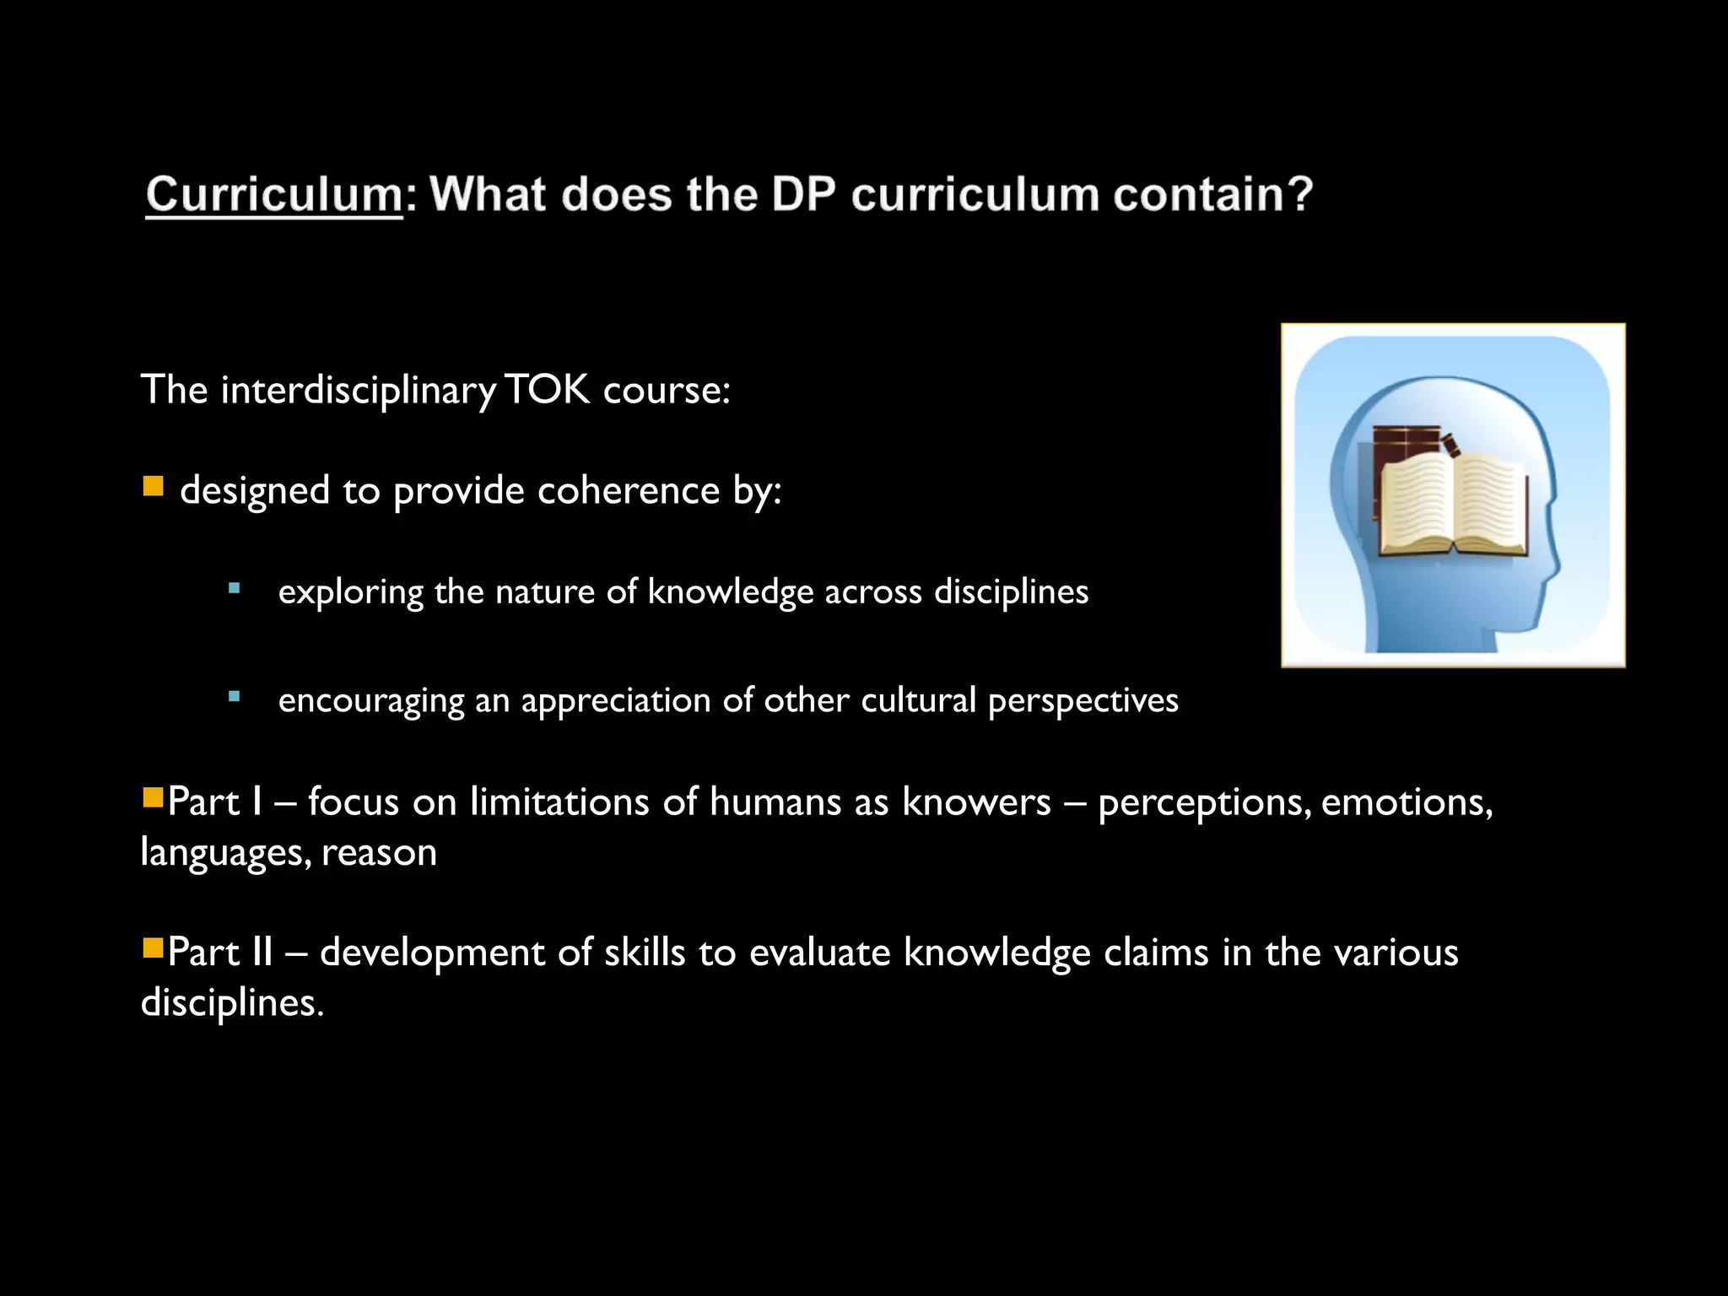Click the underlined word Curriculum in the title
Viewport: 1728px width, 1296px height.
coord(274,196)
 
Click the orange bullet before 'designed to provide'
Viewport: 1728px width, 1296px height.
coord(153,486)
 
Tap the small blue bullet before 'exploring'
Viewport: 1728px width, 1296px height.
coord(235,588)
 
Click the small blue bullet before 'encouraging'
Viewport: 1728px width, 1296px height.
coord(235,697)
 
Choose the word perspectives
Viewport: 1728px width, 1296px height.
coord(1083,701)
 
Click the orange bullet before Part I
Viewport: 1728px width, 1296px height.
coord(153,797)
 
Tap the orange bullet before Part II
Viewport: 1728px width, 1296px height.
coord(153,948)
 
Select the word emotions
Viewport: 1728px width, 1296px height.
coord(1407,802)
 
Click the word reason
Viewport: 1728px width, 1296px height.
coord(379,852)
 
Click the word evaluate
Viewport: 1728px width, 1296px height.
coord(819,953)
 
